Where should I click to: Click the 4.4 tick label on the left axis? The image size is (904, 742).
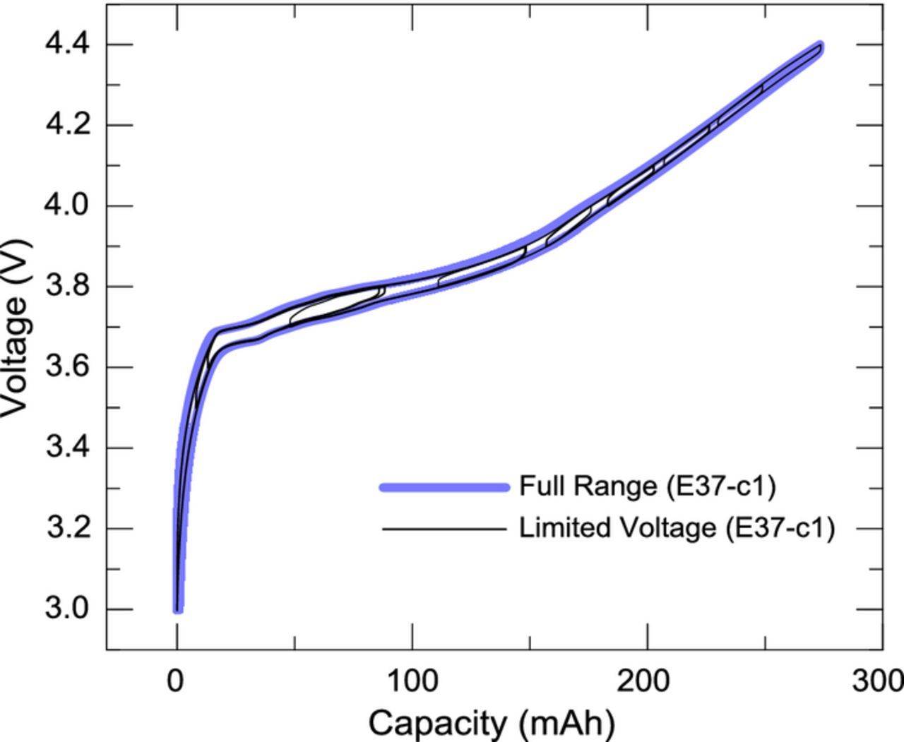[x=68, y=44]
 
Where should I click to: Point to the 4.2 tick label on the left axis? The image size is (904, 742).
[x=68, y=125]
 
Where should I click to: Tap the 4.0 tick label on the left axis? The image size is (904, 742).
[x=68, y=205]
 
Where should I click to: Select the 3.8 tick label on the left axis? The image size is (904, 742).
[x=68, y=287]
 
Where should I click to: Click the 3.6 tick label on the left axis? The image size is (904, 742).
[x=68, y=367]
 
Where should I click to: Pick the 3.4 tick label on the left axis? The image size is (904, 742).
[x=68, y=448]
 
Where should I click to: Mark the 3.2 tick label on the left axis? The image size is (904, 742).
[x=68, y=528]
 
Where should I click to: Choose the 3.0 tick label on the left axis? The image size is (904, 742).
[x=68, y=609]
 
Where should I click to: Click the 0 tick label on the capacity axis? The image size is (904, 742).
[x=176, y=681]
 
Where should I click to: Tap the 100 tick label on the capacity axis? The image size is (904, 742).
[x=411, y=681]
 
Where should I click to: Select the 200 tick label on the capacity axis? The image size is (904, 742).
[x=646, y=681]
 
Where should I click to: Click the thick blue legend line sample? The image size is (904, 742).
[x=445, y=487]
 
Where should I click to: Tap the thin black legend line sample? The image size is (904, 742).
[x=445, y=528]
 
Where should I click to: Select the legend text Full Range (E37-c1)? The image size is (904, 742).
[x=648, y=486]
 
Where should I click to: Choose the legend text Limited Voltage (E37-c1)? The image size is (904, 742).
[x=677, y=527]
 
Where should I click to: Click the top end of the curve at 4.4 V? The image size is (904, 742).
[x=820, y=47]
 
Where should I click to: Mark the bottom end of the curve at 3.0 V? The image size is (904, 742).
[x=178, y=608]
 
